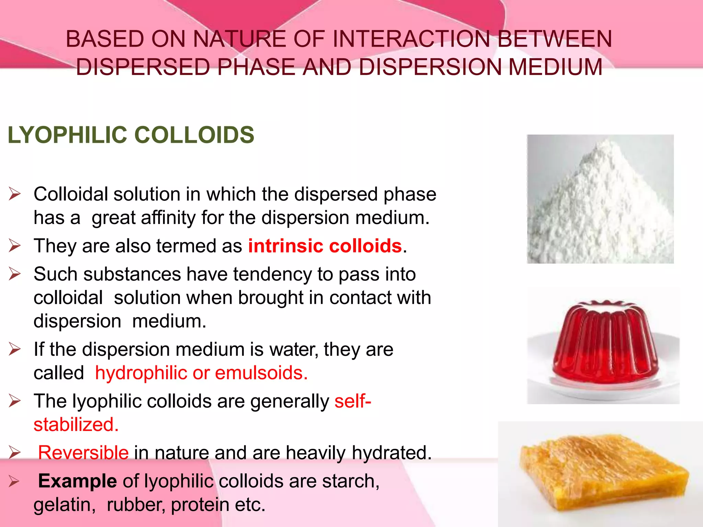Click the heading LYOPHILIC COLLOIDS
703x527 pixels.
coord(131,135)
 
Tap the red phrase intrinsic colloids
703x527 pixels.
coord(325,246)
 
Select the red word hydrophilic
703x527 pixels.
coord(141,373)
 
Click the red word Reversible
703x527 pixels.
coord(83,453)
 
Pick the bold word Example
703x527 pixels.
coord(78,481)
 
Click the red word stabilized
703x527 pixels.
coord(76,425)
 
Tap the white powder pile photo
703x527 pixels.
coord(600,199)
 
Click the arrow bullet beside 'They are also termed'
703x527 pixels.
coord(15,246)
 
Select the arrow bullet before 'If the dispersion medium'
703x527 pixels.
coord(15,349)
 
